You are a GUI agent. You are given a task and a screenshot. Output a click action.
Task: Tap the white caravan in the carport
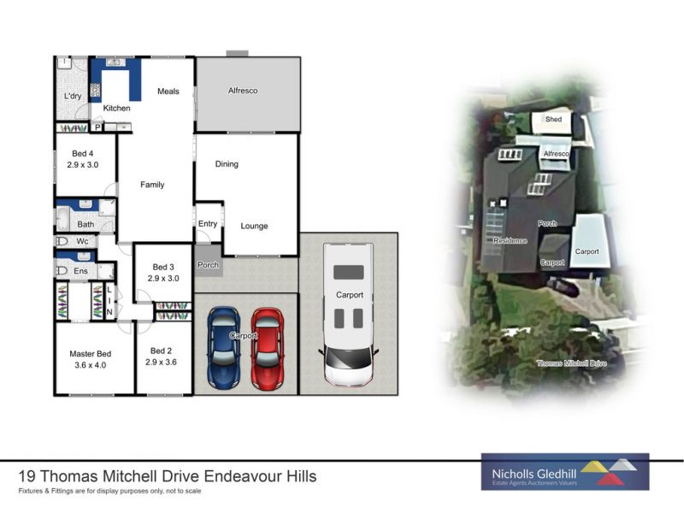348,313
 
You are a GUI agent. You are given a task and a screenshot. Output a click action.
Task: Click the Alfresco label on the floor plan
243,91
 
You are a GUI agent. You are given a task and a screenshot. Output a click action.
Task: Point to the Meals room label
168,91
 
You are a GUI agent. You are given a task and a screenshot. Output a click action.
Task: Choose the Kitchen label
117,109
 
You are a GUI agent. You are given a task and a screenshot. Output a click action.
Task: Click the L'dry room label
73,96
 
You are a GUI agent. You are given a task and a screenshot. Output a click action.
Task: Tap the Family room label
152,185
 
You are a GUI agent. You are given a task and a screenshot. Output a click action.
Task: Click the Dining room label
227,164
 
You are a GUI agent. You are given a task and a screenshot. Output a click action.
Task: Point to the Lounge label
254,226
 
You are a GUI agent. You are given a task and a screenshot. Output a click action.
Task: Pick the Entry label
208,224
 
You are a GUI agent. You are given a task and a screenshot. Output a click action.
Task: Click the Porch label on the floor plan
208,265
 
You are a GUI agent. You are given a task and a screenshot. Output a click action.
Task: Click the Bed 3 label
163,267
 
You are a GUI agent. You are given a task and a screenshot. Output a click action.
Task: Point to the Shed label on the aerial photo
553,121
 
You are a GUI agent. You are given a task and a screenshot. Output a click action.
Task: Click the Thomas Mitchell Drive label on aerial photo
571,363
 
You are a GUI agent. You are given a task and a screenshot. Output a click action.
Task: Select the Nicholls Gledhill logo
565,472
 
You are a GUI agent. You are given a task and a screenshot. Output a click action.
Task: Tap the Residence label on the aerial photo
510,241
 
